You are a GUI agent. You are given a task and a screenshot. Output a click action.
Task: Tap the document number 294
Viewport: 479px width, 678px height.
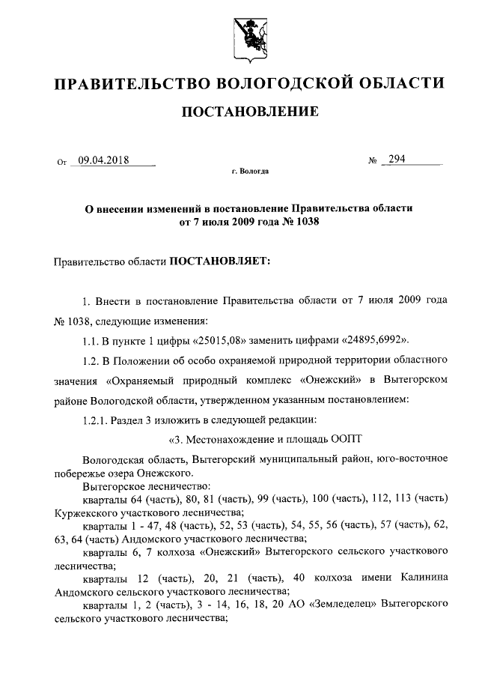(397, 159)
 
